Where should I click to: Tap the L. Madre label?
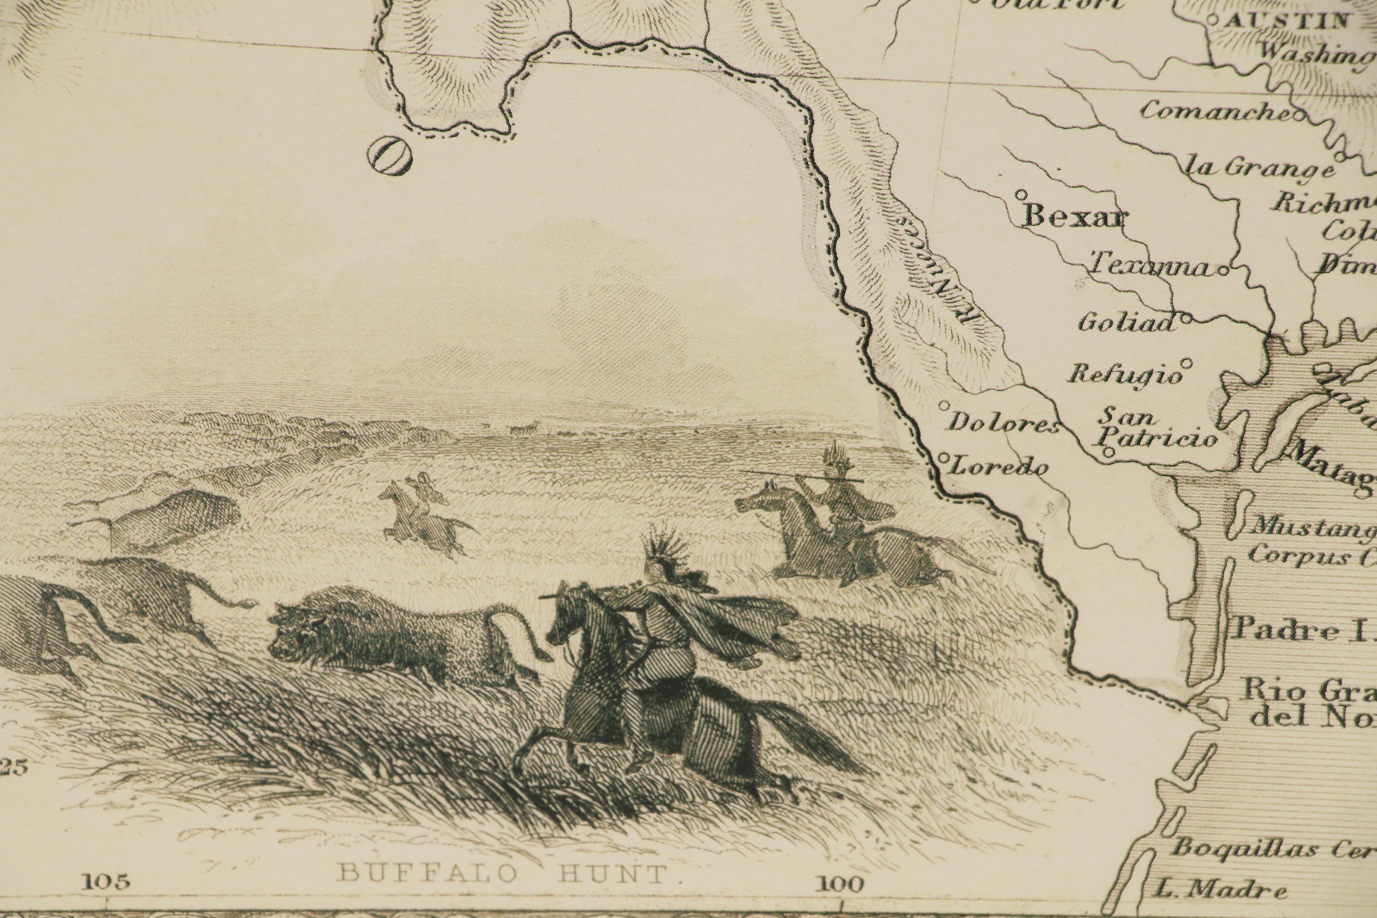[1221, 890]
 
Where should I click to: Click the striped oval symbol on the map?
[389, 155]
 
